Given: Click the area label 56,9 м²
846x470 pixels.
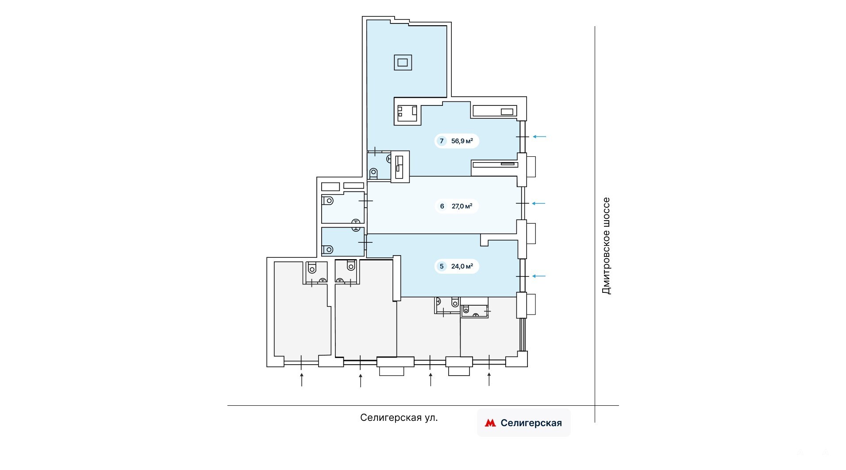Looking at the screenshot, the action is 462,141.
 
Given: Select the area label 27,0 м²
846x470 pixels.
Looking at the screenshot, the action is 462,206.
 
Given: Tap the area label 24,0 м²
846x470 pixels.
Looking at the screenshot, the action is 462,266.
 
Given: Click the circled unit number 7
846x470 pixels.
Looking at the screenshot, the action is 441,141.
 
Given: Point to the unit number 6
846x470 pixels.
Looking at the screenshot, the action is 442,206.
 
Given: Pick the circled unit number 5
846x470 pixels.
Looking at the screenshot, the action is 441,266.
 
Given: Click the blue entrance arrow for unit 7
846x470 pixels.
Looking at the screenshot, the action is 539,136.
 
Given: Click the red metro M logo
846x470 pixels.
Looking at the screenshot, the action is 490,423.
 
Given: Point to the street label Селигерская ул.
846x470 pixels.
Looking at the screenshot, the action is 399,418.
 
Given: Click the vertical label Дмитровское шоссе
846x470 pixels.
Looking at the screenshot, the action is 606,246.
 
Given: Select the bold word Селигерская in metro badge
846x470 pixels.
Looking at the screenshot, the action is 531,423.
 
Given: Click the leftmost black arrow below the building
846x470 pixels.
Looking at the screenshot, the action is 302,380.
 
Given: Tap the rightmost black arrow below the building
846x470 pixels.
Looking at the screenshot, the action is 489,379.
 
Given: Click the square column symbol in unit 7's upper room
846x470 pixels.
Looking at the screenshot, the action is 403,62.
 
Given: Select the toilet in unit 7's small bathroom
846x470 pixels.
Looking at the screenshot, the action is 373,173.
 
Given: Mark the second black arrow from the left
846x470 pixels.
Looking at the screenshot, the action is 361,381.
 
